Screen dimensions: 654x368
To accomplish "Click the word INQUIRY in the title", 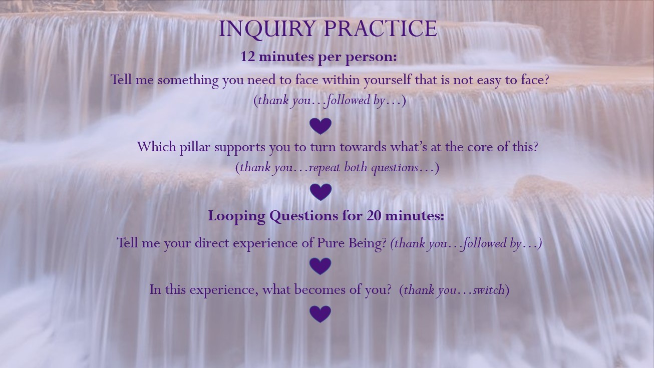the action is click(x=267, y=29).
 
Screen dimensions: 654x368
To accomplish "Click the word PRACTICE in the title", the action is click(x=381, y=29).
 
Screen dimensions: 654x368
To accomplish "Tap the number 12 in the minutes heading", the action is click(x=248, y=57).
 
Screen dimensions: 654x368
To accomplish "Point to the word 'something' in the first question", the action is click(x=188, y=80).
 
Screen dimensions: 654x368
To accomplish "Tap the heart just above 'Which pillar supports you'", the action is click(x=320, y=126).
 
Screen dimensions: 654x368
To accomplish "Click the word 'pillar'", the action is click(x=195, y=147).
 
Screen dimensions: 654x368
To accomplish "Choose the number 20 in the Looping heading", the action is click(x=374, y=216).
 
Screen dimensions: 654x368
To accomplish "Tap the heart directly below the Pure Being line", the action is click(x=320, y=266).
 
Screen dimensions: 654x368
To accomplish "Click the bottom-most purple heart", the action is click(x=320, y=314).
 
